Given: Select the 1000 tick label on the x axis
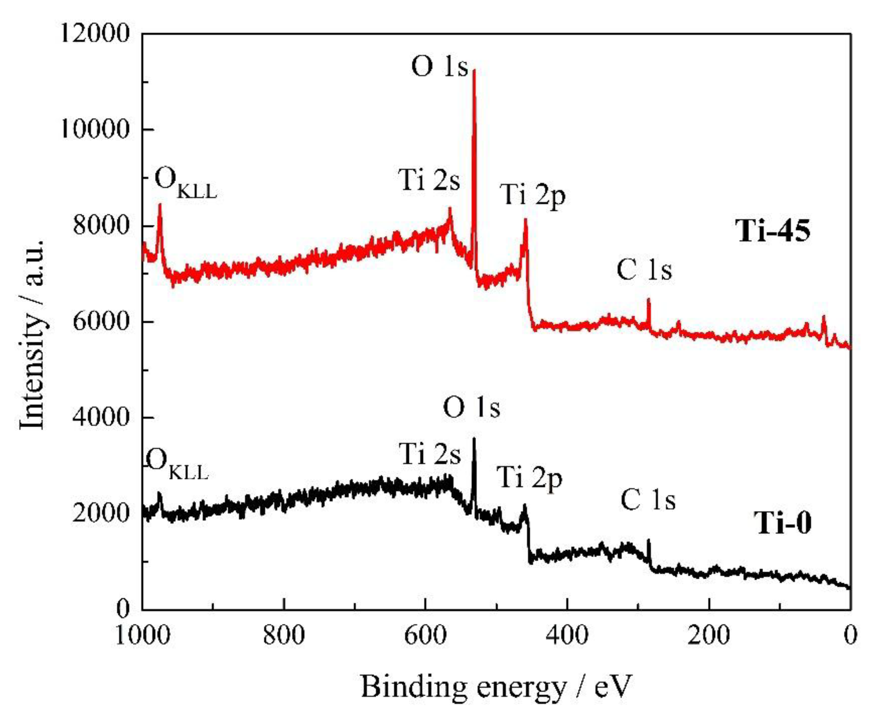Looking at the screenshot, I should pyautogui.click(x=142, y=635).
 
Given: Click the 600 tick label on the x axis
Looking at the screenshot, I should pyautogui.click(x=425, y=635).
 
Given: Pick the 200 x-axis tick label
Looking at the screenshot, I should pyautogui.click(x=709, y=635).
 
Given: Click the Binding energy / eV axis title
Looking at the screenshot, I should pyautogui.click(x=496, y=687).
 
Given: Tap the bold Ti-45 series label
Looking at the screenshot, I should pyautogui.click(x=773, y=231).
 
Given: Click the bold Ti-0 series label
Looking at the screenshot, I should pyautogui.click(x=782, y=523).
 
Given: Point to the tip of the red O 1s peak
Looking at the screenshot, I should pyautogui.click(x=474, y=71).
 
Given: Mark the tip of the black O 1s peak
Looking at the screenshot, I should pyautogui.click(x=474, y=439).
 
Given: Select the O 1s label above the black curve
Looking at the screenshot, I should pyautogui.click(x=471, y=408).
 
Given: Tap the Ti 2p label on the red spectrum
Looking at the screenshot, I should pyautogui.click(x=532, y=195).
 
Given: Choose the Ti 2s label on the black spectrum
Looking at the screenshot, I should pyautogui.click(x=430, y=454).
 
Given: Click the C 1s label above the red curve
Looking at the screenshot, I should pyautogui.click(x=644, y=270).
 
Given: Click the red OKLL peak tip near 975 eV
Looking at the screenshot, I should pyautogui.click(x=160, y=205).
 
